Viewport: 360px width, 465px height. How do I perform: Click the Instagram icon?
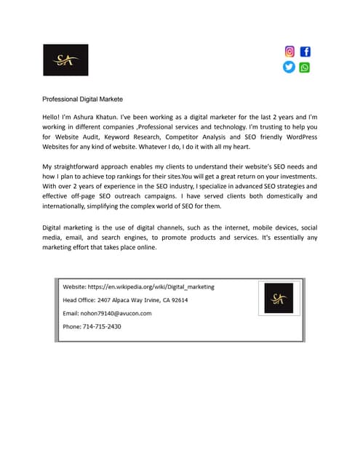(289, 52)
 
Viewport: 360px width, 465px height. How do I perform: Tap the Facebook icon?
(305, 52)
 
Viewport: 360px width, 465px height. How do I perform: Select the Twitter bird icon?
(289, 67)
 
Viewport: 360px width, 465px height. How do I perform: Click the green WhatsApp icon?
(304, 67)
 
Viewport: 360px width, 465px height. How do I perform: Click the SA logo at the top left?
(65, 60)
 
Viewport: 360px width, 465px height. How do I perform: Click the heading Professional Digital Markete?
(82, 99)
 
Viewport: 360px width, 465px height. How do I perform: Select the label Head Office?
(79, 300)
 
